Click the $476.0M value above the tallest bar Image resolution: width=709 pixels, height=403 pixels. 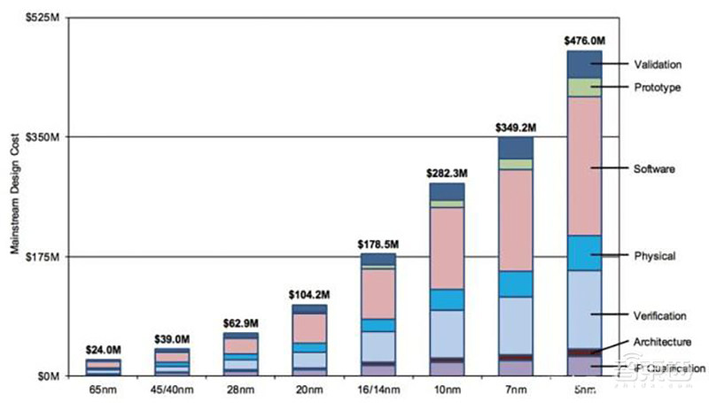tap(584, 41)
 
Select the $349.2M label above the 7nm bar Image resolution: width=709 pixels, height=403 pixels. tap(515, 128)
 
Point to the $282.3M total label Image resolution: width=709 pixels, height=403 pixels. tap(446, 174)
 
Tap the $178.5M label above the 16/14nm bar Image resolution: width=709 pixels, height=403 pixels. tap(378, 244)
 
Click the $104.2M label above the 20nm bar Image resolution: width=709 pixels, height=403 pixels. tap(309, 294)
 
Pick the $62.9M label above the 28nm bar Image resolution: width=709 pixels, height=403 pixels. tap(240, 323)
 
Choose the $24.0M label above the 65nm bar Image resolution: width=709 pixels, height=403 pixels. tap(103, 349)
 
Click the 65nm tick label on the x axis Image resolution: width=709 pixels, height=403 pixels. tap(103, 390)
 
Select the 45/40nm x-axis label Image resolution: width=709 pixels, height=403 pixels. tap(171, 390)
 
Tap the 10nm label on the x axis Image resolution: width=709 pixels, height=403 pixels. tap(446, 390)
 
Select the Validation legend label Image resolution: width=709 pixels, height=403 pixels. tap(658, 65)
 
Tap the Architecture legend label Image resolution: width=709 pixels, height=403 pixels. tap(663, 342)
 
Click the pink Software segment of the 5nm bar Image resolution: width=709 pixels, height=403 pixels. tap(584, 166)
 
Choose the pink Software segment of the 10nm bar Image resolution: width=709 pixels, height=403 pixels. tap(446, 248)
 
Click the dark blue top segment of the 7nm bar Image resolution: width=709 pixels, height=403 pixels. tap(515, 147)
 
